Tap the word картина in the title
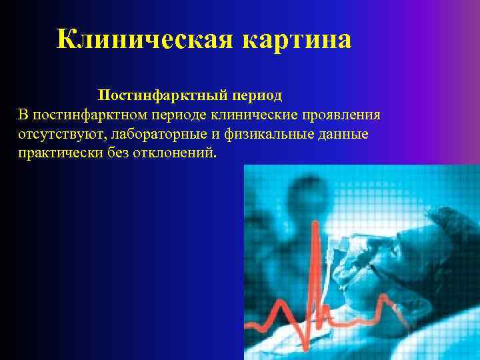coord(292,41)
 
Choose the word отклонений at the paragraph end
coord(173,154)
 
